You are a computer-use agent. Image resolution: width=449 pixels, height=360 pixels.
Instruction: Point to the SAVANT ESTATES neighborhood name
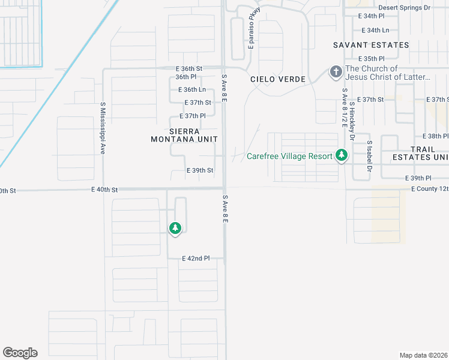(x=371, y=45)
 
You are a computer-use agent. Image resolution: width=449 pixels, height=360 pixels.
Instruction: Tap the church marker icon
(x=336, y=73)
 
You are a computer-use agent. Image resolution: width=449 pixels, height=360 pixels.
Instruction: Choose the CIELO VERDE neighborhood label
(x=278, y=79)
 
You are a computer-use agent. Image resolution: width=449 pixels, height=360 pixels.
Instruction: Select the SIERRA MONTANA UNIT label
(x=184, y=134)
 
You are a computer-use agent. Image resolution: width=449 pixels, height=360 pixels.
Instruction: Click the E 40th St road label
(x=106, y=190)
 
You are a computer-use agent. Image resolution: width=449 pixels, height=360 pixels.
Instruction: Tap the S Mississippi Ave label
(x=103, y=128)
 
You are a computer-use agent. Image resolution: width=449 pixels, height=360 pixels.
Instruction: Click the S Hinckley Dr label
(x=353, y=121)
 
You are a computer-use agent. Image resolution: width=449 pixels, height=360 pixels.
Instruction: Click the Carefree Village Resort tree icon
(x=342, y=156)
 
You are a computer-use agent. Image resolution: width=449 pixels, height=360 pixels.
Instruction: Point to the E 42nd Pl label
(x=196, y=259)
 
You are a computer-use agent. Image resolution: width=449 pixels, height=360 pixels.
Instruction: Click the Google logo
(x=20, y=353)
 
